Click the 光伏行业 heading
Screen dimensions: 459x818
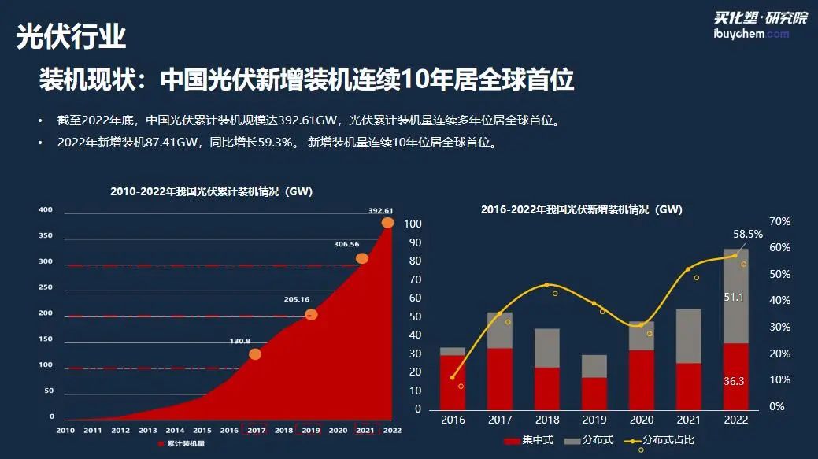pos(72,37)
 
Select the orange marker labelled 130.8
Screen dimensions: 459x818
pos(255,354)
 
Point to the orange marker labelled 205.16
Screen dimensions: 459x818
pos(311,315)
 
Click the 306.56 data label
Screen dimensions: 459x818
pos(346,244)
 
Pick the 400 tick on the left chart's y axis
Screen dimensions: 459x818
pos(46,209)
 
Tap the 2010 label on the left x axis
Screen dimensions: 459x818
pos(65,430)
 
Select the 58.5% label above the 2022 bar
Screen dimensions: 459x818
pos(747,234)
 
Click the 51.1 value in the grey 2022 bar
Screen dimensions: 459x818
pos(734,297)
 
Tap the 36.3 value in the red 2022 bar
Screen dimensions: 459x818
pos(734,381)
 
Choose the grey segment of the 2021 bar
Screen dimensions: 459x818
pos(688,335)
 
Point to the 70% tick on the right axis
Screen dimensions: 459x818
pos(779,222)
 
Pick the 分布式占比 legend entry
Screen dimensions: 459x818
pos(661,439)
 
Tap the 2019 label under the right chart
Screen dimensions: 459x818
pos(594,420)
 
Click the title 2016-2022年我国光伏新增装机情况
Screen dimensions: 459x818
pos(582,209)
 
